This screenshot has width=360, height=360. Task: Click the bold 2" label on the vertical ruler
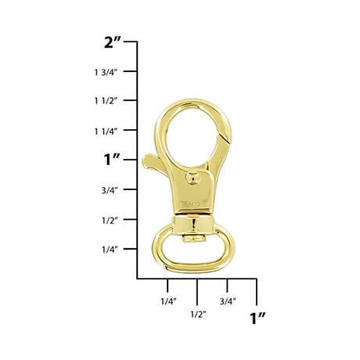point(113,42)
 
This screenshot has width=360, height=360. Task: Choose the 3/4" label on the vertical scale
point(108,190)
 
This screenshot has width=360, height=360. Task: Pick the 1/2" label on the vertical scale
point(108,221)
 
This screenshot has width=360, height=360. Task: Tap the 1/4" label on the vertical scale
point(108,250)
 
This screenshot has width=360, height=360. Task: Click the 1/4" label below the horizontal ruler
point(167,301)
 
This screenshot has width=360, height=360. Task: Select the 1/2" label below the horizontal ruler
point(197,315)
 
